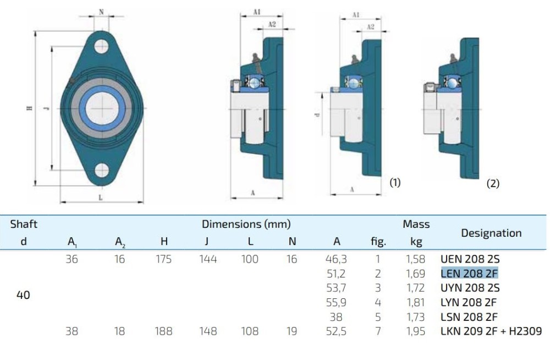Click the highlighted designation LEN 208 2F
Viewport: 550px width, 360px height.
tap(469, 273)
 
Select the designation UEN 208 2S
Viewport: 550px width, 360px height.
tap(470, 259)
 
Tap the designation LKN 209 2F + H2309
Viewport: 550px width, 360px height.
tap(491, 331)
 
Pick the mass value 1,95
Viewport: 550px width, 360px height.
tap(415, 331)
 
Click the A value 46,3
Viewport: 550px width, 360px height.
tap(336, 259)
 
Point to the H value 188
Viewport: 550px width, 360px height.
tap(163, 331)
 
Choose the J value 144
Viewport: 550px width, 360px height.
tap(208, 259)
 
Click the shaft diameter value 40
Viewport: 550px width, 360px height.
tap(23, 295)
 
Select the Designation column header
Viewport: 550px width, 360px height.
tap(491, 233)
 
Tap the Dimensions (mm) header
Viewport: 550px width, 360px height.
tap(246, 224)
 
